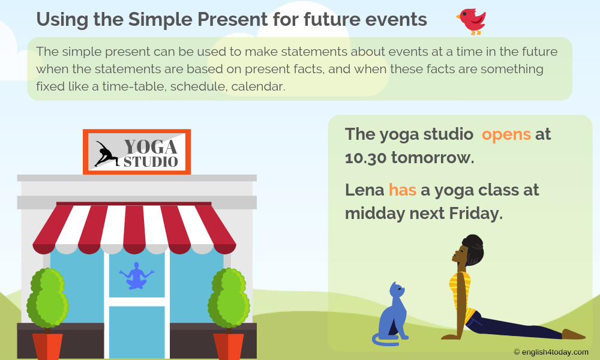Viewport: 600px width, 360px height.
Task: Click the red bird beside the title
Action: tap(472, 20)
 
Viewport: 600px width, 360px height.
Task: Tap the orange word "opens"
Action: tap(506, 134)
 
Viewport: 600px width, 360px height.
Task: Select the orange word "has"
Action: tap(402, 190)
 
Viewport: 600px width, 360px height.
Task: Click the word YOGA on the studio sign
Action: tap(150, 146)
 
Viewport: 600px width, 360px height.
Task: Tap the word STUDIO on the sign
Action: tap(151, 162)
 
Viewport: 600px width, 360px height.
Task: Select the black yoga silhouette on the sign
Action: tap(106, 154)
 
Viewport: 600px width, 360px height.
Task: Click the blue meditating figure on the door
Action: tap(137, 276)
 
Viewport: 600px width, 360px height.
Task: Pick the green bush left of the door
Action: tap(47, 298)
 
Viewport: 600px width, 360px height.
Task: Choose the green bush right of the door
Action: tap(229, 298)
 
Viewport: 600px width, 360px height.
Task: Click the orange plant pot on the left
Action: tap(47, 346)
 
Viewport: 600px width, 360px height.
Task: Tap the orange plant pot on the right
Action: tap(229, 346)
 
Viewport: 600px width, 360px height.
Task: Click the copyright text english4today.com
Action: tap(551, 352)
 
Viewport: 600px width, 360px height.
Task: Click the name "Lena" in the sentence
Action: tap(364, 190)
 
